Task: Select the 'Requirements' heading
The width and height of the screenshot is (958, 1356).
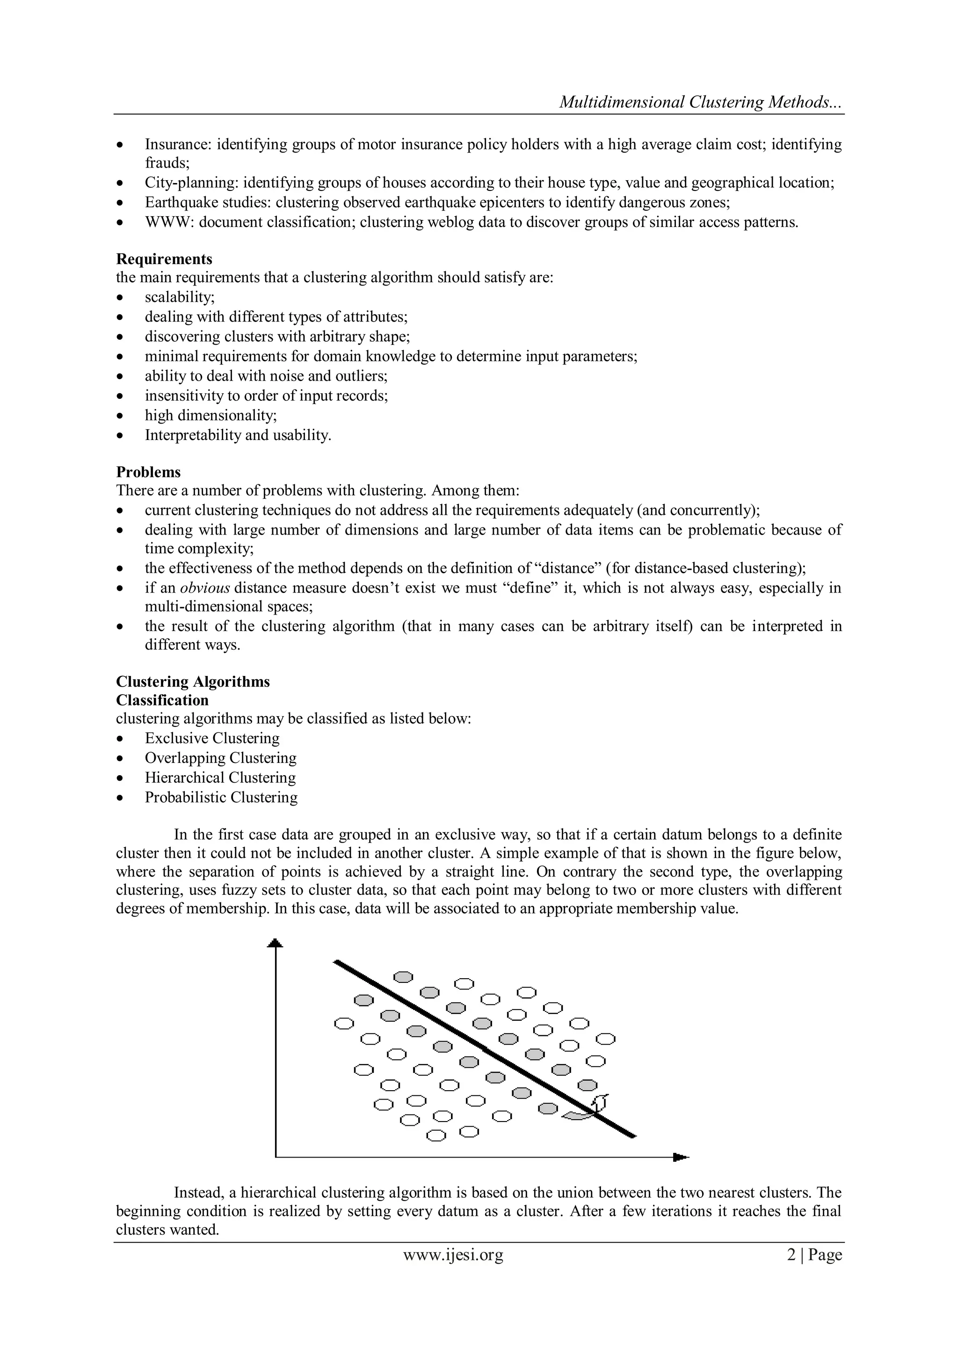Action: (x=164, y=259)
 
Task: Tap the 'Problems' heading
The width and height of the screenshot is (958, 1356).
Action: (x=148, y=472)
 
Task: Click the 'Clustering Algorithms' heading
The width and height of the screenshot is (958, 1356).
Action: (x=192, y=682)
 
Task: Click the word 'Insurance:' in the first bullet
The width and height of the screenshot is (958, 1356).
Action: (x=178, y=145)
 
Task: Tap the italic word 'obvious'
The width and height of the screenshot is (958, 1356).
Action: (x=204, y=588)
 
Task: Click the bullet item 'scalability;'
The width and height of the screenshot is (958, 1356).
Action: (x=180, y=297)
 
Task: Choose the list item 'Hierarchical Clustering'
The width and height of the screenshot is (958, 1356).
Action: (x=220, y=778)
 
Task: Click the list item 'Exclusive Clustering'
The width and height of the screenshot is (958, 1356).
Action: (x=212, y=738)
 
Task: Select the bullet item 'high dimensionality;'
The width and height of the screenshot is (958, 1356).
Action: (x=210, y=416)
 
